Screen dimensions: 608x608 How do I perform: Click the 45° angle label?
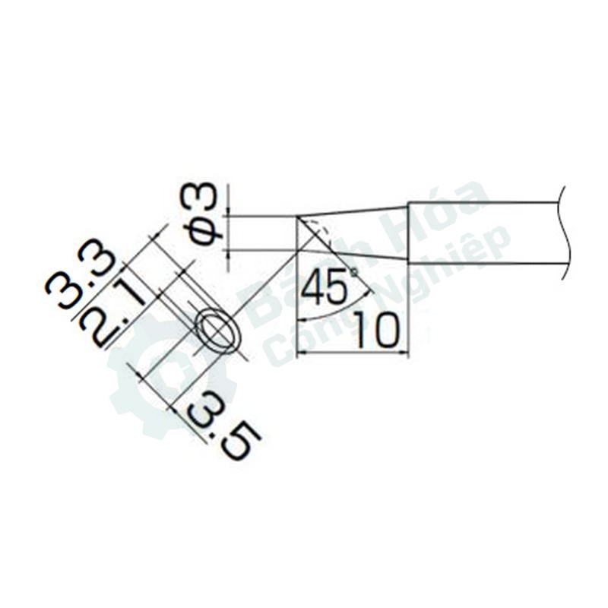[x=329, y=287]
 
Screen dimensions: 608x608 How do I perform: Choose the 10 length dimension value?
[x=375, y=330]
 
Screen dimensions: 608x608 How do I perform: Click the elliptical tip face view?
[x=218, y=331]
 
